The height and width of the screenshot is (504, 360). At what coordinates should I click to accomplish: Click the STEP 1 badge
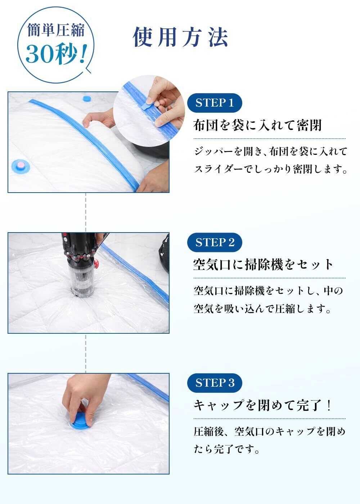215,103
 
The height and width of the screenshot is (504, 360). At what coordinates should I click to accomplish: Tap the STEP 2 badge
215,242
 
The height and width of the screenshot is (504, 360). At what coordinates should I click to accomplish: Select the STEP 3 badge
215,383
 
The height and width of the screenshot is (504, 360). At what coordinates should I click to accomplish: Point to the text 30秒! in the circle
56,54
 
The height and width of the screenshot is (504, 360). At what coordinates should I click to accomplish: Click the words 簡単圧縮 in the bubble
56,30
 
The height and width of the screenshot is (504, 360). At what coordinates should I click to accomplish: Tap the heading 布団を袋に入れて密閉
257,125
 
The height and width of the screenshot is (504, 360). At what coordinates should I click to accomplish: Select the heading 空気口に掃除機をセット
263,265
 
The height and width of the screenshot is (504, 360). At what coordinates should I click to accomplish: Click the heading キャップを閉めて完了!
262,405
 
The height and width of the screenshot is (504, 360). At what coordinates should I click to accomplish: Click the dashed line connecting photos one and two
86,212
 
